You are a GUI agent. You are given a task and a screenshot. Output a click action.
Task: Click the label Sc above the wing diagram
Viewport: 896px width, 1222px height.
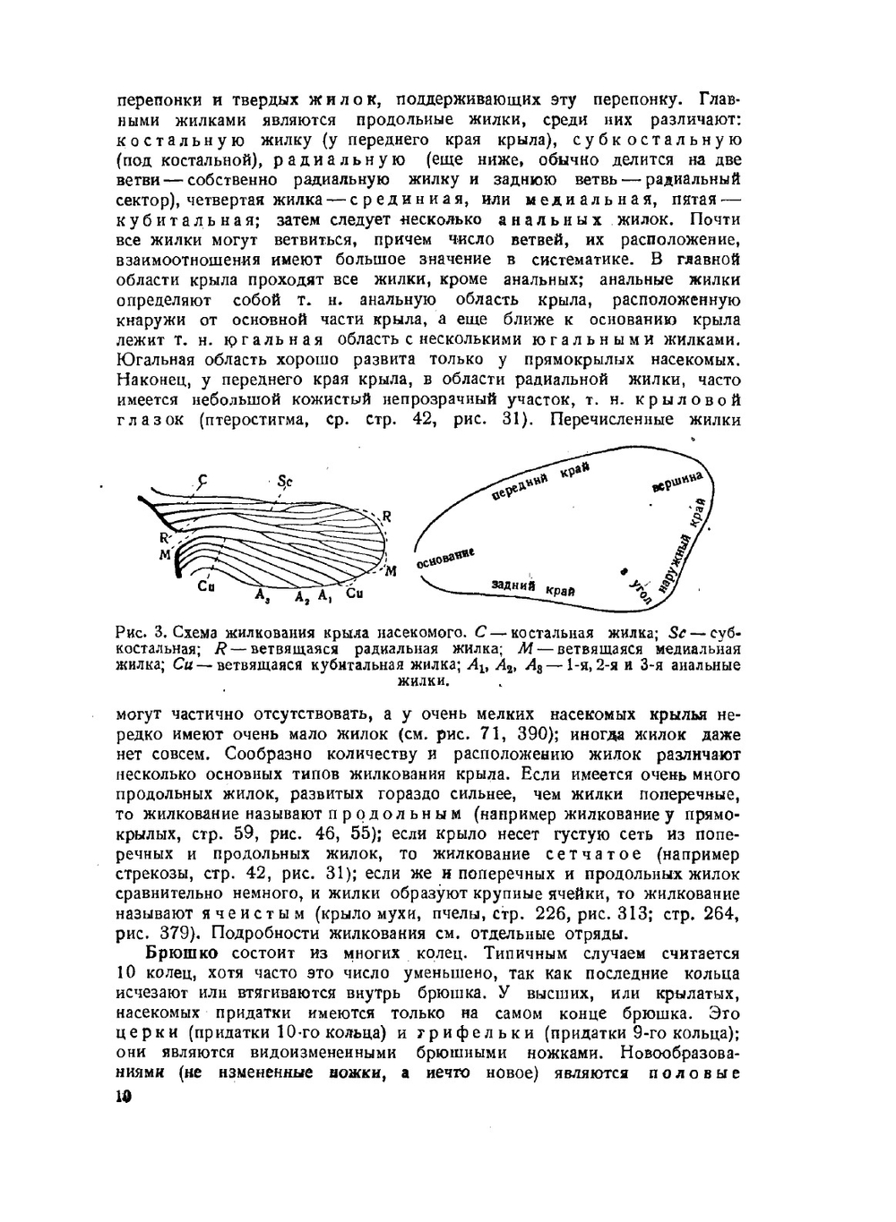pos(285,481)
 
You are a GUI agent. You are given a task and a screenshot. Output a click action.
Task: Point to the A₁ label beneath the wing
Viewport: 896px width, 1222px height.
pos(324,595)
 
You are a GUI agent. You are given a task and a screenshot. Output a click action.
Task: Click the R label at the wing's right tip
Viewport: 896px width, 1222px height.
pos(387,516)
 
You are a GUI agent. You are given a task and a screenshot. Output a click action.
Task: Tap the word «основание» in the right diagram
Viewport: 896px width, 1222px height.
pos(444,558)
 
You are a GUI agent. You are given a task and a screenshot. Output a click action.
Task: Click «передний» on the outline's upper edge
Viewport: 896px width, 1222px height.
pos(521,486)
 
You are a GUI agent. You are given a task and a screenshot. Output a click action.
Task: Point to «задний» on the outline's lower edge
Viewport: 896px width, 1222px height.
pos(514,585)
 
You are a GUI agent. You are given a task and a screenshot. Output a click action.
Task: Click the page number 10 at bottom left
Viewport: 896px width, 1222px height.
pos(124,1098)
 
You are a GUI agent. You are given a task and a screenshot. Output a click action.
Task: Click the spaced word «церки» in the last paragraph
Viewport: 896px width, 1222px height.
pos(147,1032)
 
